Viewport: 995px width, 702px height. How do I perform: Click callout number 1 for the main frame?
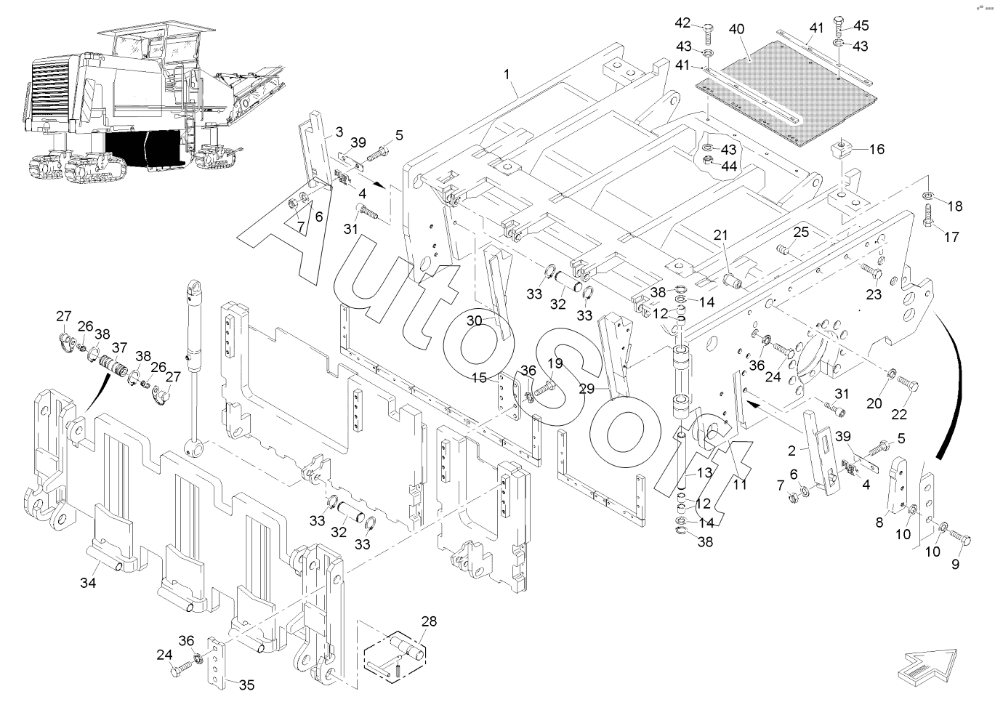(x=507, y=75)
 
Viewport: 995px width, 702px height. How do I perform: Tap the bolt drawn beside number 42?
(x=708, y=32)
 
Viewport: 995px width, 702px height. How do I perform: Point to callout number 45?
(x=861, y=27)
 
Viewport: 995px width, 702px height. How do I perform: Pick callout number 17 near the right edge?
(x=951, y=237)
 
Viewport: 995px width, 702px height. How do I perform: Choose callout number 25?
(x=800, y=233)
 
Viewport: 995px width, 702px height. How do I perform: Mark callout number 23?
(x=874, y=294)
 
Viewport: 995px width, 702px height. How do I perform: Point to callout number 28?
(x=429, y=621)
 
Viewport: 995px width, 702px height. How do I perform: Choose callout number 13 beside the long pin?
(x=704, y=473)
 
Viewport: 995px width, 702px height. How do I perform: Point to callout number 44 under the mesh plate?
(x=729, y=166)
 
